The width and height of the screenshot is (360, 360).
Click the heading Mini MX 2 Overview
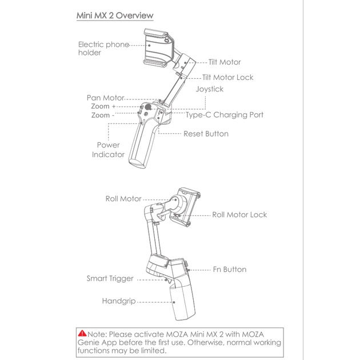click(x=115, y=15)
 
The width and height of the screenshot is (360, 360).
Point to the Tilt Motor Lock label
click(x=227, y=77)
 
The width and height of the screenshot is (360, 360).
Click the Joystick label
click(x=209, y=89)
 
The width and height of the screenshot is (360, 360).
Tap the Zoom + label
click(x=103, y=107)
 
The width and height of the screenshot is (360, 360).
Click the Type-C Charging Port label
click(x=225, y=115)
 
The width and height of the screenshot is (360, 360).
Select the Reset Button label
click(x=206, y=134)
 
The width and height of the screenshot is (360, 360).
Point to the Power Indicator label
click(x=108, y=150)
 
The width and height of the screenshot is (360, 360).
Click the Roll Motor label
click(x=123, y=199)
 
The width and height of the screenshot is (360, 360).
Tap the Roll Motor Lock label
click(x=239, y=215)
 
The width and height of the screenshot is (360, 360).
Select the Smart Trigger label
click(x=110, y=279)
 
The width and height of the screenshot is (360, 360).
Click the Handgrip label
click(x=119, y=301)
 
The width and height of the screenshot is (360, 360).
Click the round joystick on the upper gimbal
click(x=148, y=107)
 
